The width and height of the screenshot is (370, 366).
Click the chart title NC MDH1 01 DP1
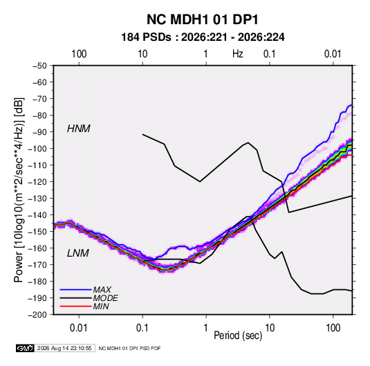[x=203, y=19]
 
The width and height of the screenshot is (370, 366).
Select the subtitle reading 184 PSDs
[x=146, y=37]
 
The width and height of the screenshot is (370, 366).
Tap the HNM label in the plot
[x=79, y=129]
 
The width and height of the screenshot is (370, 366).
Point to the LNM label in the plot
[x=78, y=253]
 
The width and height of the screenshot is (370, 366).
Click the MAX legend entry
[x=102, y=289]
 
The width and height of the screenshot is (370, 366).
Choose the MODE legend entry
[x=106, y=298]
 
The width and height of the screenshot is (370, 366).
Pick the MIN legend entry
[x=101, y=306]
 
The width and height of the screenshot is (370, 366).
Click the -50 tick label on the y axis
[x=39, y=66]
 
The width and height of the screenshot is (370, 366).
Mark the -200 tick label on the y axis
[x=37, y=315]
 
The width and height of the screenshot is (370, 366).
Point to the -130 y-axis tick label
[x=37, y=199]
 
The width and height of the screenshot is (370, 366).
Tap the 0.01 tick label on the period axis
[x=79, y=328]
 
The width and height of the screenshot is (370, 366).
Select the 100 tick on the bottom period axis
[x=333, y=328]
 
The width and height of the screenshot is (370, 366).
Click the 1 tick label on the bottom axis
[x=206, y=328]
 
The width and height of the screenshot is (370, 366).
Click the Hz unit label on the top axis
[x=238, y=54]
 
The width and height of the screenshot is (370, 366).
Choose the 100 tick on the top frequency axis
[x=79, y=54]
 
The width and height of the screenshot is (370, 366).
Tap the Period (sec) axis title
[x=238, y=336]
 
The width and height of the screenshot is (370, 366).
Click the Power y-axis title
[x=19, y=190]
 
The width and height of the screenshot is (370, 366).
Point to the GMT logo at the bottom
[x=25, y=348]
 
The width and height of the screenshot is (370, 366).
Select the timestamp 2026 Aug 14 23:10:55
[x=64, y=348]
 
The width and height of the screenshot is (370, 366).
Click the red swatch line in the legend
[x=75, y=306]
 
